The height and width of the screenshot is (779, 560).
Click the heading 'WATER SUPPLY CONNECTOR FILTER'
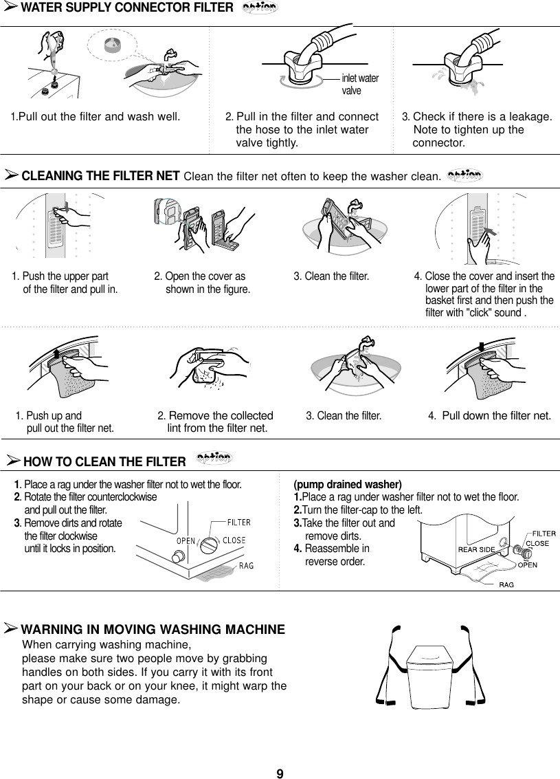tap(126, 8)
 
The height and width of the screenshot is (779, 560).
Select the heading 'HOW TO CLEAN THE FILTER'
tap(104, 461)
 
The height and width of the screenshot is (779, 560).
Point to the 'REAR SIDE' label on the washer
tap(477, 549)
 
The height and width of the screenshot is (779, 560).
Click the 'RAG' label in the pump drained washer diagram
tap(508, 584)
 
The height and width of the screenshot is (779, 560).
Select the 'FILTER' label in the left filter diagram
tap(238, 522)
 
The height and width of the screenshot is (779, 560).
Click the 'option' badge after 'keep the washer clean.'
tap(464, 175)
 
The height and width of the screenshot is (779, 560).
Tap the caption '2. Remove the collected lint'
tap(216, 422)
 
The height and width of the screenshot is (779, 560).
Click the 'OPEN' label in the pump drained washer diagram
tap(527, 565)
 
